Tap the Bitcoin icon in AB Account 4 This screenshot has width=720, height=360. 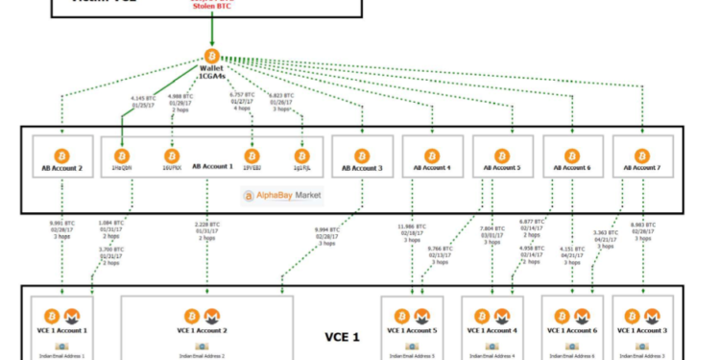point(432,156)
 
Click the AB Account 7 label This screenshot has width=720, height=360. point(641,169)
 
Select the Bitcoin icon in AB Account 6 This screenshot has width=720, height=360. point(572,156)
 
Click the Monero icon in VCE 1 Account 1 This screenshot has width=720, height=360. point(72,316)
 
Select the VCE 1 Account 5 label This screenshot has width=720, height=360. point(412,331)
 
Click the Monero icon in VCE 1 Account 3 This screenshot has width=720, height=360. point(653,316)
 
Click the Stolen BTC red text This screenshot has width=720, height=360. point(211,7)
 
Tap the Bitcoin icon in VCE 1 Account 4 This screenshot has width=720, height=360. point(482,316)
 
